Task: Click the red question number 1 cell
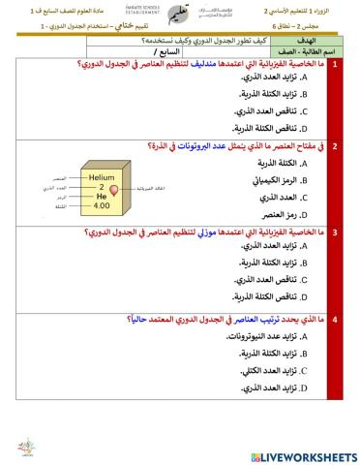(336, 65)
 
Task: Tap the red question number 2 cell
(336, 147)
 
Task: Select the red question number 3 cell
(336, 233)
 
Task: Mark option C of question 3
(276, 281)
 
